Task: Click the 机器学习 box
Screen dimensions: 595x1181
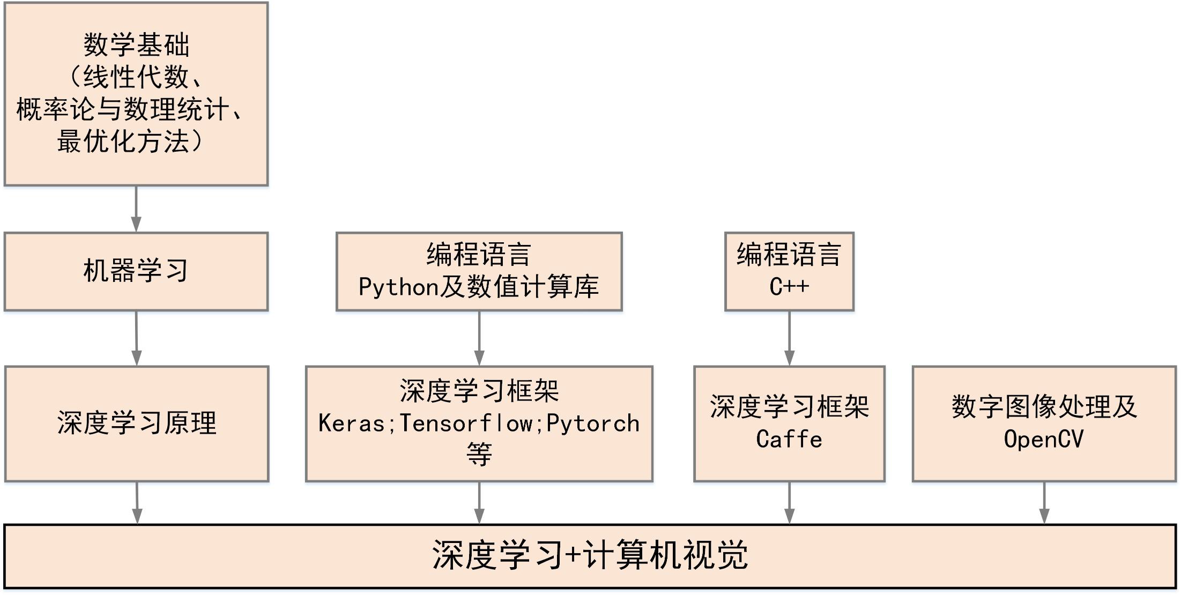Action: (136, 271)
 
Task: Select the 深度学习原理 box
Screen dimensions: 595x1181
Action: (137, 423)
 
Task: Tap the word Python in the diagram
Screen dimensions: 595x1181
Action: (399, 288)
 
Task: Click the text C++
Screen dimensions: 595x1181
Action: (789, 287)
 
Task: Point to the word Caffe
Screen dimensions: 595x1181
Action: (789, 440)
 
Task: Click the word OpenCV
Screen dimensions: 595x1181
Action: (1044, 440)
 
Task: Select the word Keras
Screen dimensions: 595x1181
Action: (352, 423)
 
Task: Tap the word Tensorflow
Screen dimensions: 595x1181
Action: (465, 423)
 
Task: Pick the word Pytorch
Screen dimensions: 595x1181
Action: (593, 423)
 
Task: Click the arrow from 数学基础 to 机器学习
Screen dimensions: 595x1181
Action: (136, 209)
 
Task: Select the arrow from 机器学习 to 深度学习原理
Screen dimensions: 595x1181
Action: (136, 338)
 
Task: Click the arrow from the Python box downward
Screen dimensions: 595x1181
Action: (479, 338)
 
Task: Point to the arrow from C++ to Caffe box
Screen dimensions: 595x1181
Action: (789, 338)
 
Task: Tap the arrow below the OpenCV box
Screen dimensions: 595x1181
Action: (1044, 503)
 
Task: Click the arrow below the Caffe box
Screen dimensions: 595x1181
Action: (789, 503)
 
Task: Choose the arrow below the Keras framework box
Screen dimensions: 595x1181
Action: (479, 503)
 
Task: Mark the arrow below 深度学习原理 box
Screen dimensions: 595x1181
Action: (137, 503)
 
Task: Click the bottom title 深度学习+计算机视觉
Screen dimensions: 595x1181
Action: (590, 555)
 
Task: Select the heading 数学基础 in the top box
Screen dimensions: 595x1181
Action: (136, 45)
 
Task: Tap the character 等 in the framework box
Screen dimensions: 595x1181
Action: (479, 455)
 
